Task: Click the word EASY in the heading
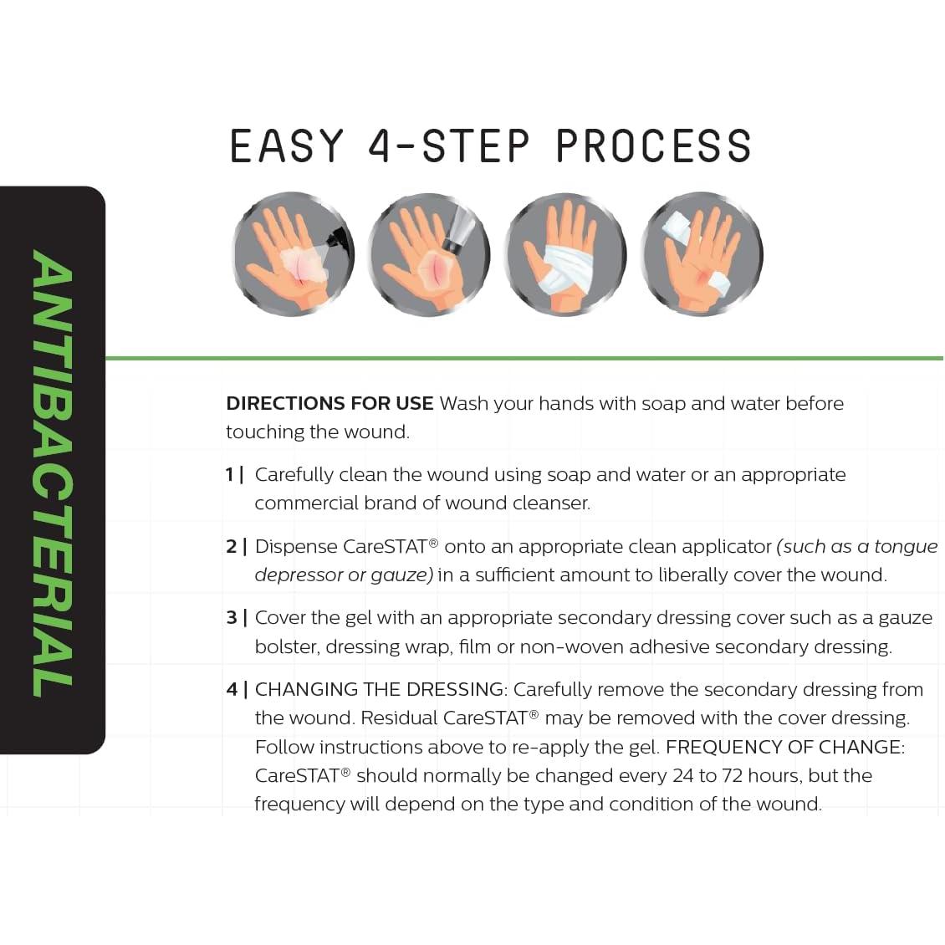[286, 146]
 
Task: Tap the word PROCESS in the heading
[654, 146]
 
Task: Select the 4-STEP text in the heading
[450, 146]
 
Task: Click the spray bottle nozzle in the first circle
[338, 236]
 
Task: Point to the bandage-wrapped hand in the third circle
[565, 255]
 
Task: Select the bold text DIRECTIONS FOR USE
[329, 403]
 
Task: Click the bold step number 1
[230, 475]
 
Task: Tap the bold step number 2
[232, 547]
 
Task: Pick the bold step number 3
[232, 618]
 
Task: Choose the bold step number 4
[232, 689]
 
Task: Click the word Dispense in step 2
[296, 547]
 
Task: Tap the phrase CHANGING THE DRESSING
[381, 689]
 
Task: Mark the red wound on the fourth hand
[702, 277]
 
